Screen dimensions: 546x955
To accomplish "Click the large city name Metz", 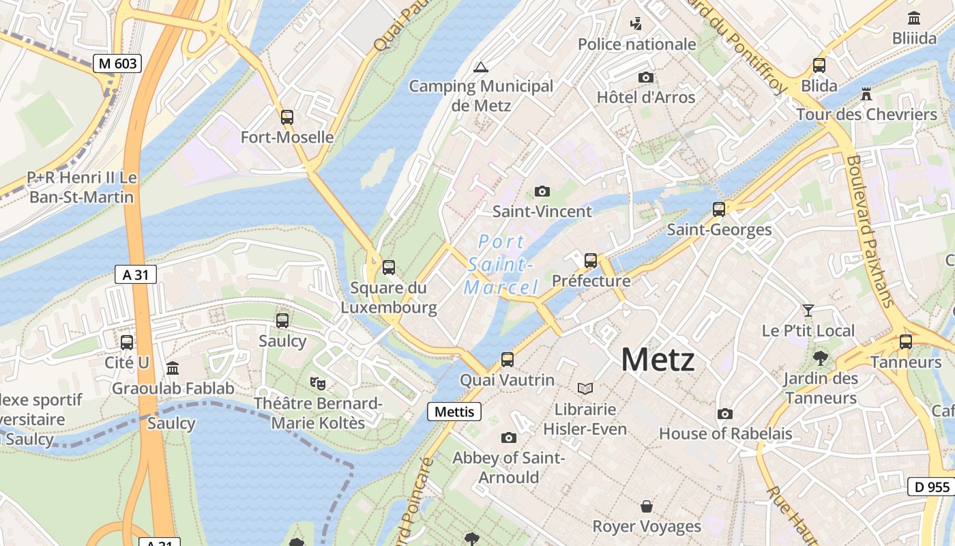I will pos(658,360).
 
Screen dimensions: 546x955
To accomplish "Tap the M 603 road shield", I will pos(118,63).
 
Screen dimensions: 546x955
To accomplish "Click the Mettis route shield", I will pos(454,412).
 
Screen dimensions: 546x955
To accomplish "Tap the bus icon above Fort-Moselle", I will pos(287,117).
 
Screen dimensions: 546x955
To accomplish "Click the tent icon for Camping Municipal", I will pos(481,67).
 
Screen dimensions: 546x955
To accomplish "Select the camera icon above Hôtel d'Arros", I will pos(645,78).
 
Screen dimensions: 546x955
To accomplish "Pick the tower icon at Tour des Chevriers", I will pos(866,94).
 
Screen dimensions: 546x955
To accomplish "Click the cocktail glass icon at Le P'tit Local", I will pos(808,311).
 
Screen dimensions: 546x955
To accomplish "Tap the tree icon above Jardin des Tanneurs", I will pos(821,358).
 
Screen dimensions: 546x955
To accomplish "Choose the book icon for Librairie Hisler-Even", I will pos(585,388).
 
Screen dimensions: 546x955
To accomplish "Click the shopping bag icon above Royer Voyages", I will pos(646,506).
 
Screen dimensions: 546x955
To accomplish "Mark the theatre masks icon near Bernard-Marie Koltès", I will pos(317,383).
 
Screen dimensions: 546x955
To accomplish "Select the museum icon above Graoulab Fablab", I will pos(173,368).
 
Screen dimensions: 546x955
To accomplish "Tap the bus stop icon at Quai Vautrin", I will pos(507,359).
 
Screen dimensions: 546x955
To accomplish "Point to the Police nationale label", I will pos(636,44).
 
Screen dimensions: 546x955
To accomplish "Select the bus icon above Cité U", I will pos(127,342).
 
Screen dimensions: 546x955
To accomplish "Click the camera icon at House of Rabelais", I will pos(725,414).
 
